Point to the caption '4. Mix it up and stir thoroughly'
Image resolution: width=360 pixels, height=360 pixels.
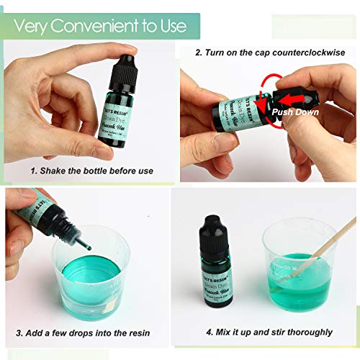pos(269,332)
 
